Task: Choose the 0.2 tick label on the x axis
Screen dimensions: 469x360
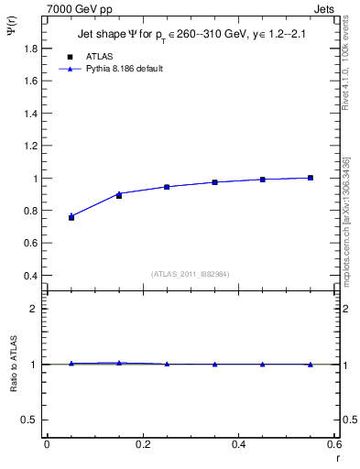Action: pos(143,444)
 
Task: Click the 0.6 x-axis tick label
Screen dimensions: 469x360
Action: pos(334,444)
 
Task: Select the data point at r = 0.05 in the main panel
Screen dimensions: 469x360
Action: pos(71,217)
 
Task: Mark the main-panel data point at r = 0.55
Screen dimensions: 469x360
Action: pos(311,178)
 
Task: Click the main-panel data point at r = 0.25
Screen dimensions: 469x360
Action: pos(167,187)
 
